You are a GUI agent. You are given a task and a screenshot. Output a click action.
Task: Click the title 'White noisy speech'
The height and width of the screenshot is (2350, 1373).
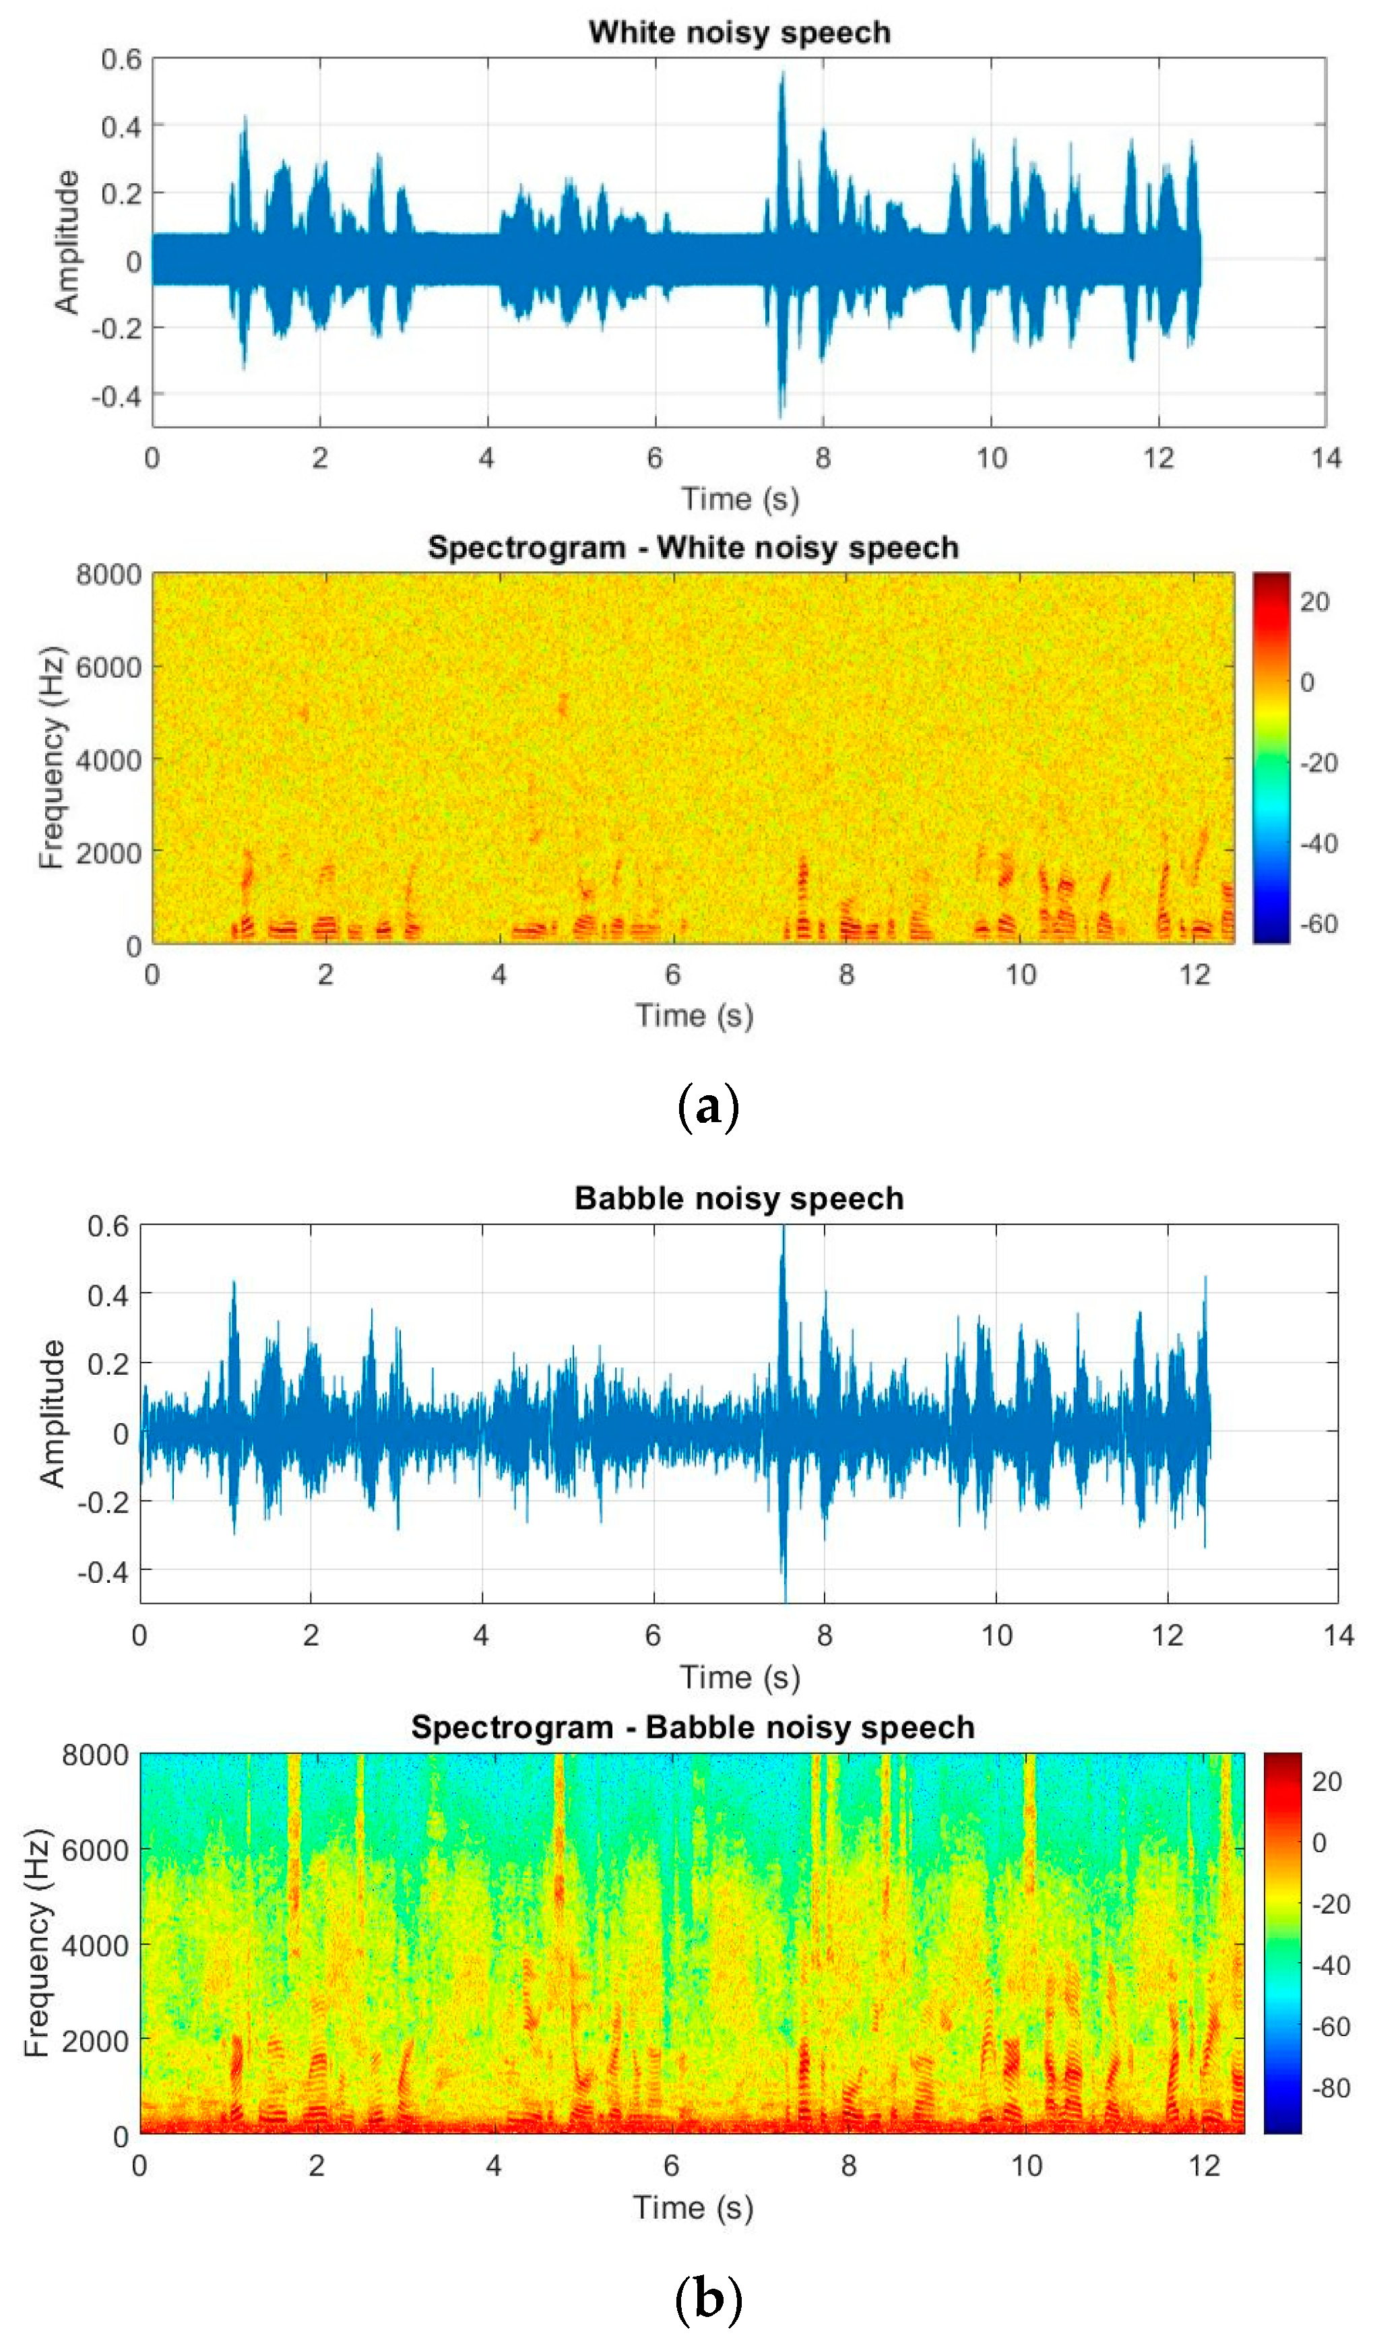739,32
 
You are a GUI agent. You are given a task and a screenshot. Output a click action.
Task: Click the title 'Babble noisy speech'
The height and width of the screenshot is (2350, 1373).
739,1198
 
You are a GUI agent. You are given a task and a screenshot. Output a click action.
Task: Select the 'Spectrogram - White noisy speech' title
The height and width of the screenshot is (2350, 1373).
693,548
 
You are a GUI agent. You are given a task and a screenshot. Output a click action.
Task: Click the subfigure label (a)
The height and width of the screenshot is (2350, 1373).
708,1107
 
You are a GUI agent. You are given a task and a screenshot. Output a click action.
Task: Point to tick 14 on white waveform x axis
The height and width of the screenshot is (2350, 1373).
1325,458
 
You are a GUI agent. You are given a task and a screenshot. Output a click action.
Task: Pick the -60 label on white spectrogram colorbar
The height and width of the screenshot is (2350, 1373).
1318,924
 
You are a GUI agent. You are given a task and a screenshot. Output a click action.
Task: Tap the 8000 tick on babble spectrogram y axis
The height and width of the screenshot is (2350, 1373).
95,1756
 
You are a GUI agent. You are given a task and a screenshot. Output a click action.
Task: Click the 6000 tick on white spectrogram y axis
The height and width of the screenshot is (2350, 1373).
108,667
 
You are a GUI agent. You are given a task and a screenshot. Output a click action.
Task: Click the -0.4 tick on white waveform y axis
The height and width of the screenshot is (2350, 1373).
116,396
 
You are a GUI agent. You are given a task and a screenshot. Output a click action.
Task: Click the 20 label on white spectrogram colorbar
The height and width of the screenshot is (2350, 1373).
1314,601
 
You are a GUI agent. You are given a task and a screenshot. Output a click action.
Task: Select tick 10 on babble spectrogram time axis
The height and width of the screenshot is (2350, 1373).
1026,2165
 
